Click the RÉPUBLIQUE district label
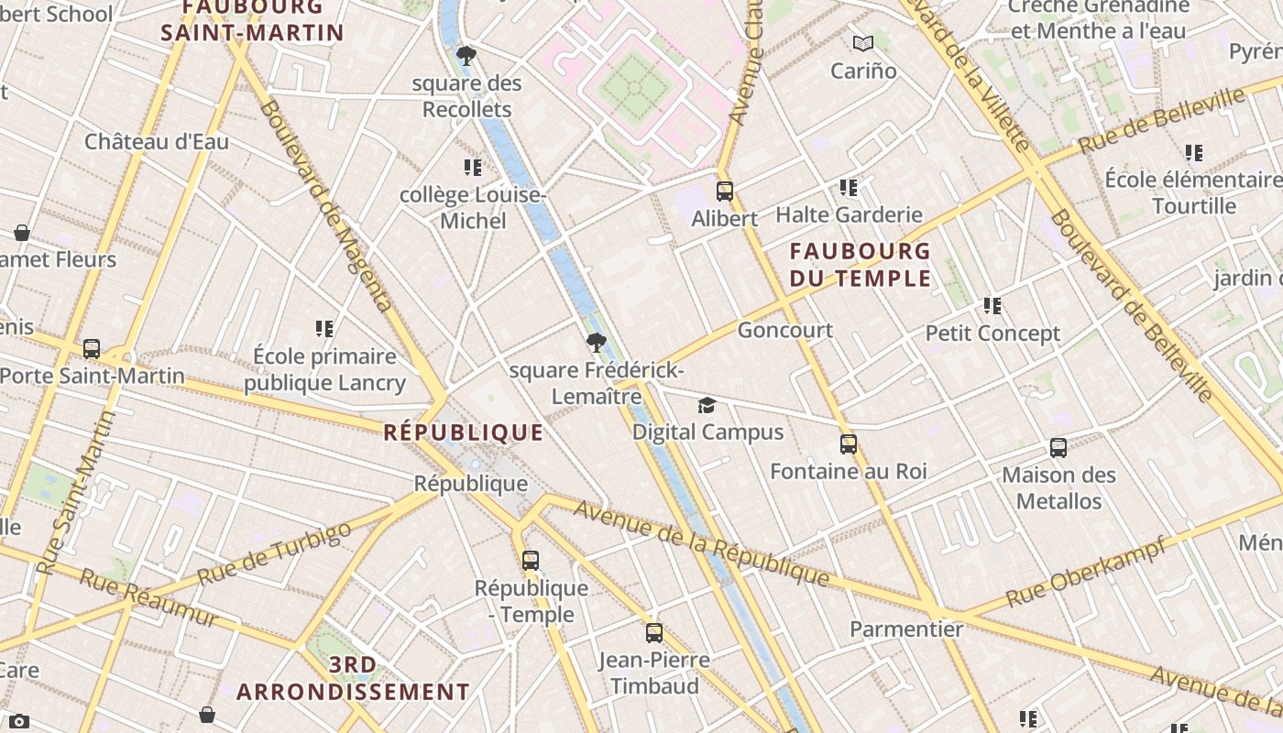(x=463, y=432)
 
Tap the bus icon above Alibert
(x=725, y=191)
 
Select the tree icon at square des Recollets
(x=466, y=56)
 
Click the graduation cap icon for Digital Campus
(x=707, y=406)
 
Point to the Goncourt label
(x=784, y=330)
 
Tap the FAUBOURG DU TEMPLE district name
(x=860, y=265)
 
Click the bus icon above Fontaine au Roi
(x=849, y=444)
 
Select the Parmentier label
(x=905, y=629)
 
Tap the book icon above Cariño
(x=862, y=43)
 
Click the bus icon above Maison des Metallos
(x=1058, y=448)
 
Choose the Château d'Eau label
(x=157, y=142)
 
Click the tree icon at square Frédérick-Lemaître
(x=597, y=344)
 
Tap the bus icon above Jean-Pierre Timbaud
(x=653, y=633)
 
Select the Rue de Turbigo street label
(x=274, y=553)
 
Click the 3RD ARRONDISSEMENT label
(x=353, y=678)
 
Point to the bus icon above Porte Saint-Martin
(x=92, y=349)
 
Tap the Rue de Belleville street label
(x=1162, y=119)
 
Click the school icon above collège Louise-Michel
(x=473, y=168)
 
